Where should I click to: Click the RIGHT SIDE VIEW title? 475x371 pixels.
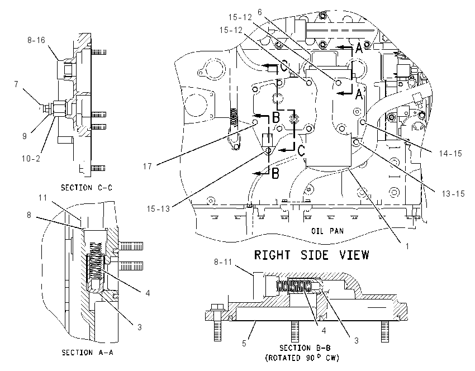311,255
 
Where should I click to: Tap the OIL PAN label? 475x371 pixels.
327,231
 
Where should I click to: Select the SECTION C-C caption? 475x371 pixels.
87,188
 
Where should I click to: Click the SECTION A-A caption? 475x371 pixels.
88,353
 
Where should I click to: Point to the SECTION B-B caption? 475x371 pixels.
305,348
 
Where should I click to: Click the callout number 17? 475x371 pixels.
147,167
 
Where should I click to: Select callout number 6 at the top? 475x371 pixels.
260,12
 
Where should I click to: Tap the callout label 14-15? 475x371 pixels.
450,154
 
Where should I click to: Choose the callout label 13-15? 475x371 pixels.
453,193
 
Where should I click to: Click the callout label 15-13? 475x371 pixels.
159,208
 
